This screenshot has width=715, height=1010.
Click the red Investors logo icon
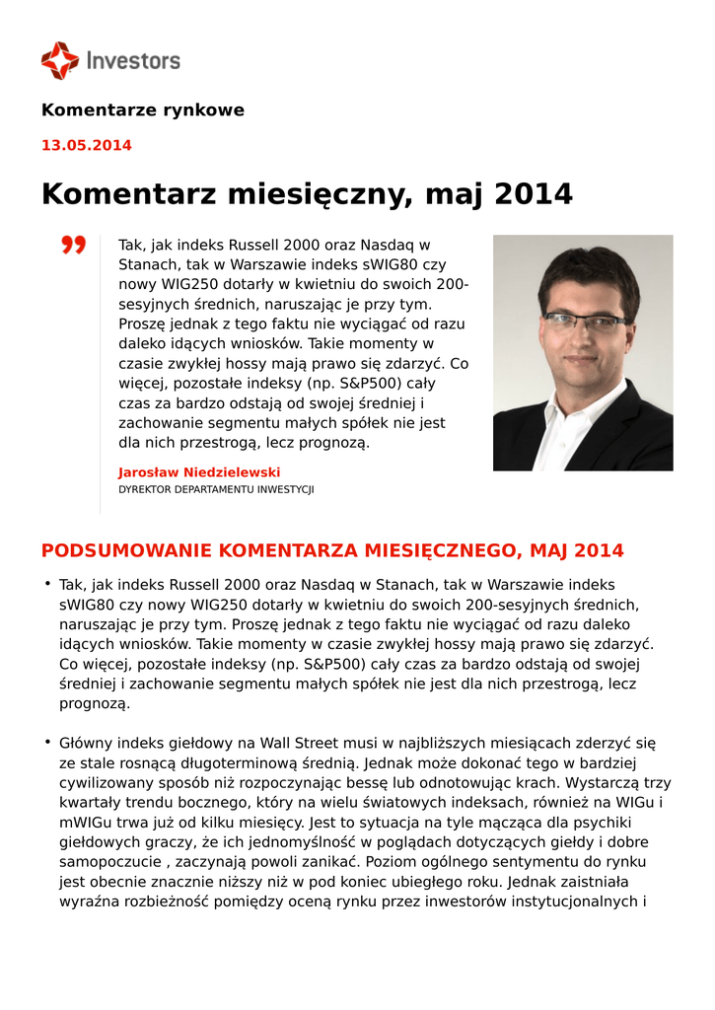tap(59, 60)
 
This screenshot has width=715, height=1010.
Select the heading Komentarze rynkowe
tap(142, 110)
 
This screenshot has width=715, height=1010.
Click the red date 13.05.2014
tap(86, 146)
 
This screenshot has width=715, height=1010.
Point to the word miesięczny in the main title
tap(319, 194)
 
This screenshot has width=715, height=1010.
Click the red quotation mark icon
tap(74, 245)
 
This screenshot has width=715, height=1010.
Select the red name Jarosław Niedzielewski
tap(199, 472)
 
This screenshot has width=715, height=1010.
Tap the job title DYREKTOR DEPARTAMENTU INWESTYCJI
tap(216, 490)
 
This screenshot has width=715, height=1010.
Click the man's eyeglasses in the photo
tap(585, 322)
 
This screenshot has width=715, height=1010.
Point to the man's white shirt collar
tap(570, 414)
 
